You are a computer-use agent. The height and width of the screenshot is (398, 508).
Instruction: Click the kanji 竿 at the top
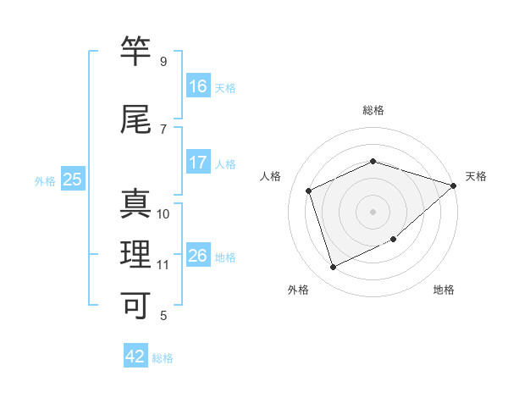click(x=135, y=52)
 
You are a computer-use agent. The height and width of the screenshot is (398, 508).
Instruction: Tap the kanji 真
click(x=135, y=204)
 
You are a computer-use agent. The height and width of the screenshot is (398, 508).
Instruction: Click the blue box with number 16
click(x=198, y=86)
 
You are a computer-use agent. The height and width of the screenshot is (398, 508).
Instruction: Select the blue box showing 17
click(x=198, y=163)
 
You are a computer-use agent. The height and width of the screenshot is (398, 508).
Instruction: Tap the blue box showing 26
click(x=198, y=255)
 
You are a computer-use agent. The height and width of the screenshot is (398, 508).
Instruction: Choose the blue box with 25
click(x=72, y=180)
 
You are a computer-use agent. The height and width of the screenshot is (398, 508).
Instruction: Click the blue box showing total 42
click(x=135, y=357)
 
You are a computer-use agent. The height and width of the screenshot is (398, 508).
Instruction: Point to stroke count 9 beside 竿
click(x=163, y=62)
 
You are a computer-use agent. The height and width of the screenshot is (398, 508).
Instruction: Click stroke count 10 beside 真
click(x=163, y=214)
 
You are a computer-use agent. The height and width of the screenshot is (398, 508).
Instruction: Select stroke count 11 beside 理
click(x=163, y=265)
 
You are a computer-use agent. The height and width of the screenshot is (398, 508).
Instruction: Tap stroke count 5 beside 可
click(x=163, y=316)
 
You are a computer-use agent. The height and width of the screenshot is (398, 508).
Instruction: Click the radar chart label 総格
click(x=373, y=110)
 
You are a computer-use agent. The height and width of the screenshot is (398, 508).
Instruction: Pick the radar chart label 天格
click(x=476, y=176)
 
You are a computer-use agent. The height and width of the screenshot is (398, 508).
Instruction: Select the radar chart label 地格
click(x=444, y=290)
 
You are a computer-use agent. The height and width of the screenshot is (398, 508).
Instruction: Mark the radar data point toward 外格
click(x=333, y=268)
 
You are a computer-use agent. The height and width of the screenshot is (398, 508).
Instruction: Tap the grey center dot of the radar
click(x=373, y=212)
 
